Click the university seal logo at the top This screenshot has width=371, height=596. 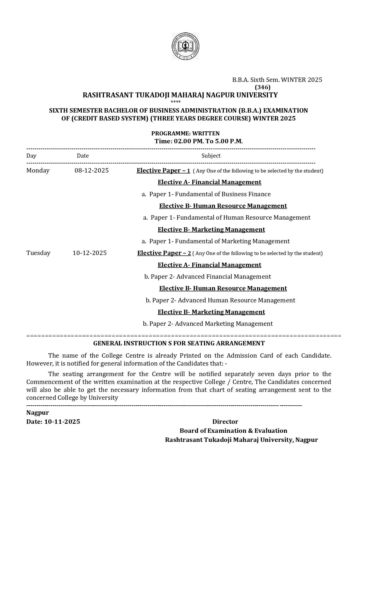(x=185, y=46)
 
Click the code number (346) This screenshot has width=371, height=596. (x=263, y=87)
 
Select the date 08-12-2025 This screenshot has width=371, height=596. (x=91, y=170)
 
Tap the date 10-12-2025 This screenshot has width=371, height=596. (x=89, y=253)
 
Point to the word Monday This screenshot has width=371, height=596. (x=38, y=170)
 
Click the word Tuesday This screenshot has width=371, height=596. (x=38, y=253)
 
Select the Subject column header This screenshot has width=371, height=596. (x=211, y=156)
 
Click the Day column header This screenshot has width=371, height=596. (x=31, y=156)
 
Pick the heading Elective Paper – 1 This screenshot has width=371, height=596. (x=163, y=170)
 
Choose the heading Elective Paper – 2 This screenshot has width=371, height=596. (x=164, y=253)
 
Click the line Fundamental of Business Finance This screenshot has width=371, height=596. (x=210, y=194)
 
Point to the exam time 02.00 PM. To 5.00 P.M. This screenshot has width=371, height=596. (x=199, y=141)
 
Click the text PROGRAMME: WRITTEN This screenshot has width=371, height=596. (x=185, y=133)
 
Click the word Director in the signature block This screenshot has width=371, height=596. (x=225, y=422)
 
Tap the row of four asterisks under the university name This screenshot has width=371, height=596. (x=176, y=102)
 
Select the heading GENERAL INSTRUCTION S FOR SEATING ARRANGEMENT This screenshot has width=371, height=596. (x=179, y=343)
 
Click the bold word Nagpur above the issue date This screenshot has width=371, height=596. (x=38, y=413)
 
